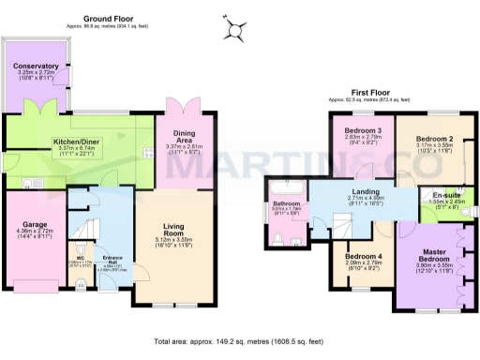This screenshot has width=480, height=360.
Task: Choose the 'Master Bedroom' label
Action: [434, 259]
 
